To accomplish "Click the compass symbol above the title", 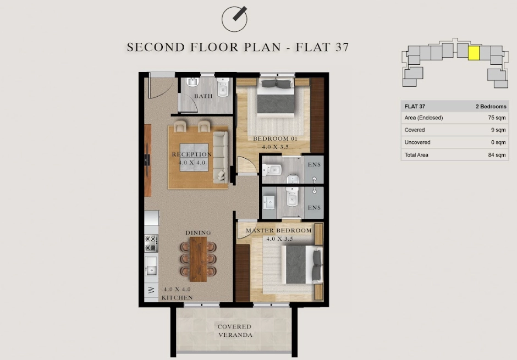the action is (234, 19).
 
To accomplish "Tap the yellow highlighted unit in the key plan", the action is (474, 53).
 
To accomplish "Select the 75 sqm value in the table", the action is (497, 118).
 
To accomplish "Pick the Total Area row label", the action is (416, 155).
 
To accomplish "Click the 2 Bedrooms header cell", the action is (491, 107).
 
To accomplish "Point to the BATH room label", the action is (203, 96).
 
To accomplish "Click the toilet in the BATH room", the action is (223, 87).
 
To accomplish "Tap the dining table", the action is (198, 259).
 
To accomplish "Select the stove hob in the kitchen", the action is (151, 243).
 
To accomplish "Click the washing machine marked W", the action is (151, 290).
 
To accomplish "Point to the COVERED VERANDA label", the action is (235, 331).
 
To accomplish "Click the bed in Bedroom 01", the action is (276, 97).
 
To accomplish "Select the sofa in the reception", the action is (220, 157).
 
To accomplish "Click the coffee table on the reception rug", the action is (194, 157).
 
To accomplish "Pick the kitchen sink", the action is (151, 266).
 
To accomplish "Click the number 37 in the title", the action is (342, 47).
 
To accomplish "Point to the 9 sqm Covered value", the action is (498, 130).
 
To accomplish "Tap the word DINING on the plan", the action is (198, 232).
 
